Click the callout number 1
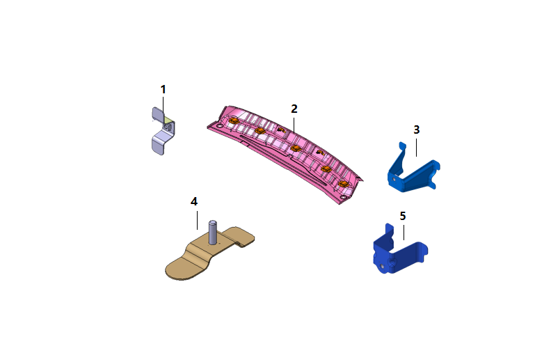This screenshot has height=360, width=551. click(163, 89)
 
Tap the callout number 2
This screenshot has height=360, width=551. click(294, 109)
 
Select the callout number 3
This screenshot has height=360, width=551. click(417, 130)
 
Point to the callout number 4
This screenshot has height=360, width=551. click(194, 201)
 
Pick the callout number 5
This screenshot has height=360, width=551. click(403, 215)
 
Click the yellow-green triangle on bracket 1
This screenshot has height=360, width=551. click(168, 119)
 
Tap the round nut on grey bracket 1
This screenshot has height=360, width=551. click(166, 126)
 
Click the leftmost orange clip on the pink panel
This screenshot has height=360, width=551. click(233, 121)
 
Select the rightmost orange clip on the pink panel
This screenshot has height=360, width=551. click(342, 184)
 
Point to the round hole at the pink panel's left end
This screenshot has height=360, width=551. click(220, 126)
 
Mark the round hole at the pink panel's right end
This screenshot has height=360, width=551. click(343, 197)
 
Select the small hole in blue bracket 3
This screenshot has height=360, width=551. click(394, 179)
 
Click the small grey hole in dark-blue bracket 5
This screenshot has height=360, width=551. click(382, 267)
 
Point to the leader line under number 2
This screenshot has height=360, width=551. click(294, 125)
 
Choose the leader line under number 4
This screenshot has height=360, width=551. click(197, 220)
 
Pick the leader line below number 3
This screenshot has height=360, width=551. click(417, 148)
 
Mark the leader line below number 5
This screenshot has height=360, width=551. click(404, 233)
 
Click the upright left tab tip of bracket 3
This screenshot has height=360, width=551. click(402, 144)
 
